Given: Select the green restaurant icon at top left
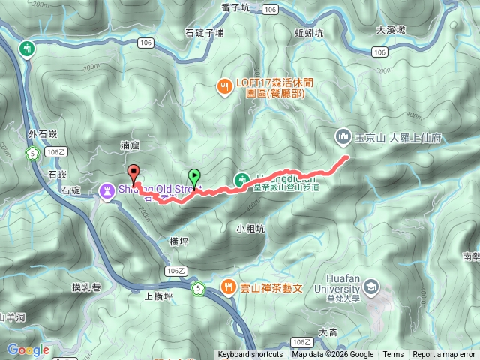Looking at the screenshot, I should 28,49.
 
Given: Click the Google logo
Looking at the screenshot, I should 28,349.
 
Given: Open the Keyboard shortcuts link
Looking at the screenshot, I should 250,355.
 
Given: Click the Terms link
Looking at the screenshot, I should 393,355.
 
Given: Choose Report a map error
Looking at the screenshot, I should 444,355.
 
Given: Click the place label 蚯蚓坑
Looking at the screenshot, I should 309,34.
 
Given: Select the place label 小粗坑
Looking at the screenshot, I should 250,229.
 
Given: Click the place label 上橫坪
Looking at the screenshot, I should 158,295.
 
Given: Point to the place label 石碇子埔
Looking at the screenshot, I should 204,34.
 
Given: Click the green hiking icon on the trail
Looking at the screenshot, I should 241,179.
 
